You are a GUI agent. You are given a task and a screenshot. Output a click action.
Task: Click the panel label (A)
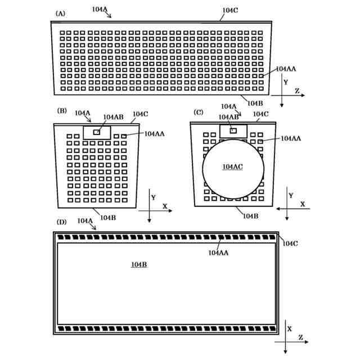(60, 12)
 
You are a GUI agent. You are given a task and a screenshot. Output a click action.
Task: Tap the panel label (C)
(199, 112)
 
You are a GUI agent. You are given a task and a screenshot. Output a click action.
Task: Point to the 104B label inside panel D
(139, 264)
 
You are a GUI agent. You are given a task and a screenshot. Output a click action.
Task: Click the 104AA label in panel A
(286, 69)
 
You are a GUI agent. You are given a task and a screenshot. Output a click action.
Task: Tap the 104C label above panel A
(229, 10)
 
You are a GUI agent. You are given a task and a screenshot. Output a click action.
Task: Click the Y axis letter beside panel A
(286, 82)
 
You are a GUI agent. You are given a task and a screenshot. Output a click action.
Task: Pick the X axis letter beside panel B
(165, 207)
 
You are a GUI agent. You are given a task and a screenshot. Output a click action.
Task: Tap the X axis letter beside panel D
(289, 328)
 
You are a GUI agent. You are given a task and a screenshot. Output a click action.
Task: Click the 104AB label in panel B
(113, 117)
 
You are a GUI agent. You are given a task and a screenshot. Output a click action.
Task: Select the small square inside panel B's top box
(97, 132)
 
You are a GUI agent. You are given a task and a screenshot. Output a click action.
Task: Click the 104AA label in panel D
(218, 253)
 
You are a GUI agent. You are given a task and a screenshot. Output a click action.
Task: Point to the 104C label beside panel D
(290, 243)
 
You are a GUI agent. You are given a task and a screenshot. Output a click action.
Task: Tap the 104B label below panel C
(250, 215)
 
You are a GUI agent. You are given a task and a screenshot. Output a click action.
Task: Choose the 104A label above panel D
(85, 220)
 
